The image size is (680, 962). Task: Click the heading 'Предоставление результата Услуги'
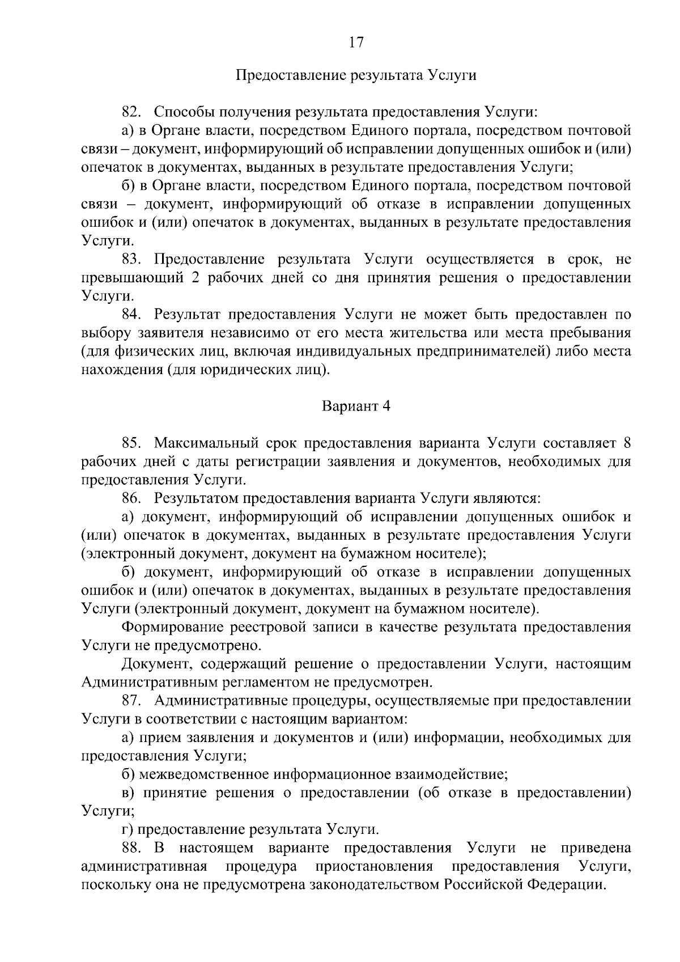[355, 75]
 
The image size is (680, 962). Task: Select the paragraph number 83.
[131, 260]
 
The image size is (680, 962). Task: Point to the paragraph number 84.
[131, 315]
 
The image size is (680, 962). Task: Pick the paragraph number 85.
[131, 443]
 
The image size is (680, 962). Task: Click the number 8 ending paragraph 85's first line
[626, 443]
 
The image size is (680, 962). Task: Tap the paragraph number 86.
[131, 498]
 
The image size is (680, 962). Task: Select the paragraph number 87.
[131, 701]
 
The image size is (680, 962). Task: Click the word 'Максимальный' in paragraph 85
[199, 443]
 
